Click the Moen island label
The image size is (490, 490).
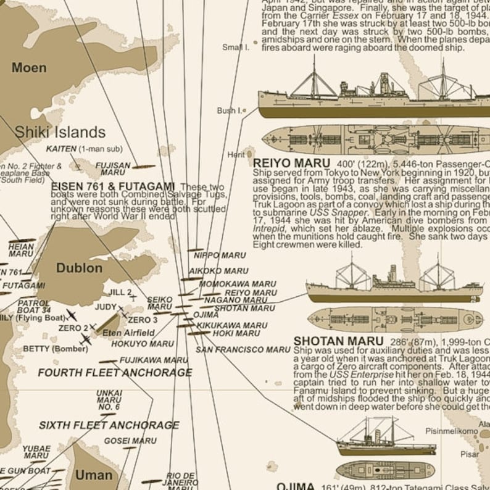tap(29, 67)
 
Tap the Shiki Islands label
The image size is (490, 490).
tap(60, 132)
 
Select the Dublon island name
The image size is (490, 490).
tap(79, 268)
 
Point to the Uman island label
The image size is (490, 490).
tap(94, 475)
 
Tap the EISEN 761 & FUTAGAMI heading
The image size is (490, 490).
tap(113, 186)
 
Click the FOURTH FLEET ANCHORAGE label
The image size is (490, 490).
tap(115, 373)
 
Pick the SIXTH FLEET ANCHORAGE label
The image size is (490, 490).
tap(109, 425)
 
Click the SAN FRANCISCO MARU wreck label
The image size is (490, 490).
tap(243, 349)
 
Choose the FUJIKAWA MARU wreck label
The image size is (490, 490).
tap(154, 360)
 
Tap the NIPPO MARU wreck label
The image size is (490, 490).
tap(220, 255)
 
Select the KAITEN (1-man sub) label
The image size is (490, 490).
tap(84, 149)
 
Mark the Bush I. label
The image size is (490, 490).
tap(229, 110)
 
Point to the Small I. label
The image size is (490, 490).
tap(236, 47)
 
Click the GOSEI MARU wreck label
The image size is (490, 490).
tap(130, 441)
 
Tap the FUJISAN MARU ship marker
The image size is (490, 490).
tap(143, 167)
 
